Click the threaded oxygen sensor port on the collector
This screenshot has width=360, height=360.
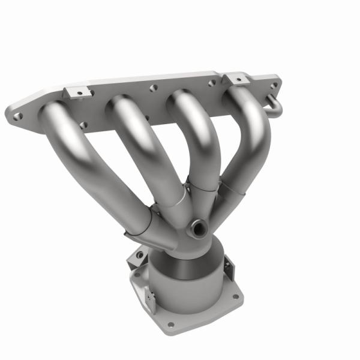click(x=197, y=227)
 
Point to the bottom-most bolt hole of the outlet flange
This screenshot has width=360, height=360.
click(x=172, y=325)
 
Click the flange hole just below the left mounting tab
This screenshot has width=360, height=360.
click(x=83, y=125)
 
